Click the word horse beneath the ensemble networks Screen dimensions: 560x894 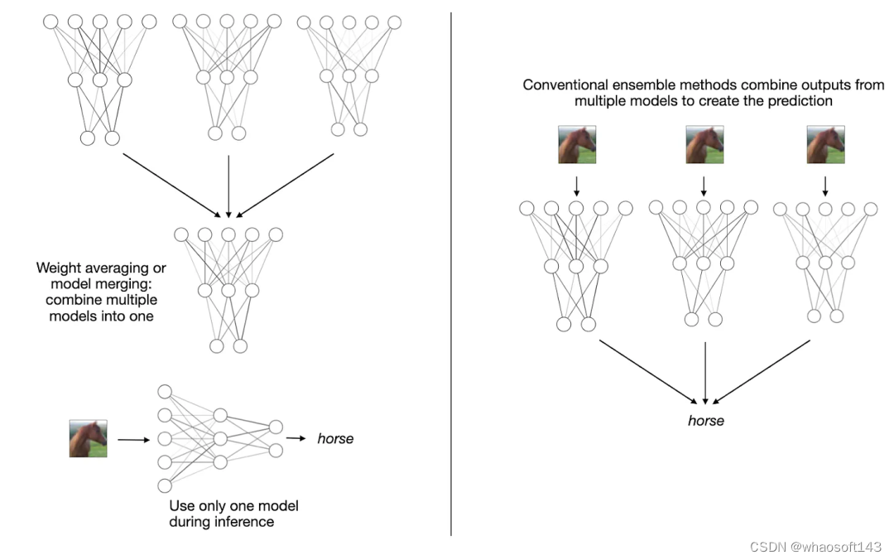click(x=705, y=421)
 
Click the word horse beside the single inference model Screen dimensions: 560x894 click(x=335, y=438)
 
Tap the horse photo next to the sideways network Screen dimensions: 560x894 click(x=88, y=439)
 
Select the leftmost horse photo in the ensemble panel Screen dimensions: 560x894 click(x=577, y=144)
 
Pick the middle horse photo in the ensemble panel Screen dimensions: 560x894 click(x=704, y=144)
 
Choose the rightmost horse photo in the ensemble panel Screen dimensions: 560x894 click(x=825, y=144)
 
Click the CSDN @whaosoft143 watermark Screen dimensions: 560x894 click(x=815, y=548)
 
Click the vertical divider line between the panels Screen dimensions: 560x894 click(x=451, y=273)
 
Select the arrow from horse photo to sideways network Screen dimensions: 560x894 click(x=132, y=440)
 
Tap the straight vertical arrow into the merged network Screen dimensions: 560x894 click(x=228, y=186)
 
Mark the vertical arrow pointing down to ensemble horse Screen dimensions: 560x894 click(x=704, y=373)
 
